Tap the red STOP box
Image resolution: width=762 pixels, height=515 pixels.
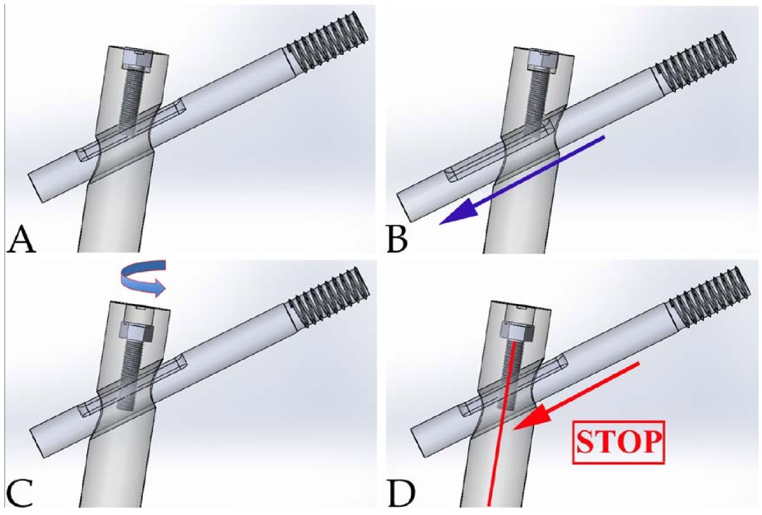pyautogui.click(x=618, y=440)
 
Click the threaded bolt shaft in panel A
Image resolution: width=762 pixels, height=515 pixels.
pyautogui.click(x=133, y=102)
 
